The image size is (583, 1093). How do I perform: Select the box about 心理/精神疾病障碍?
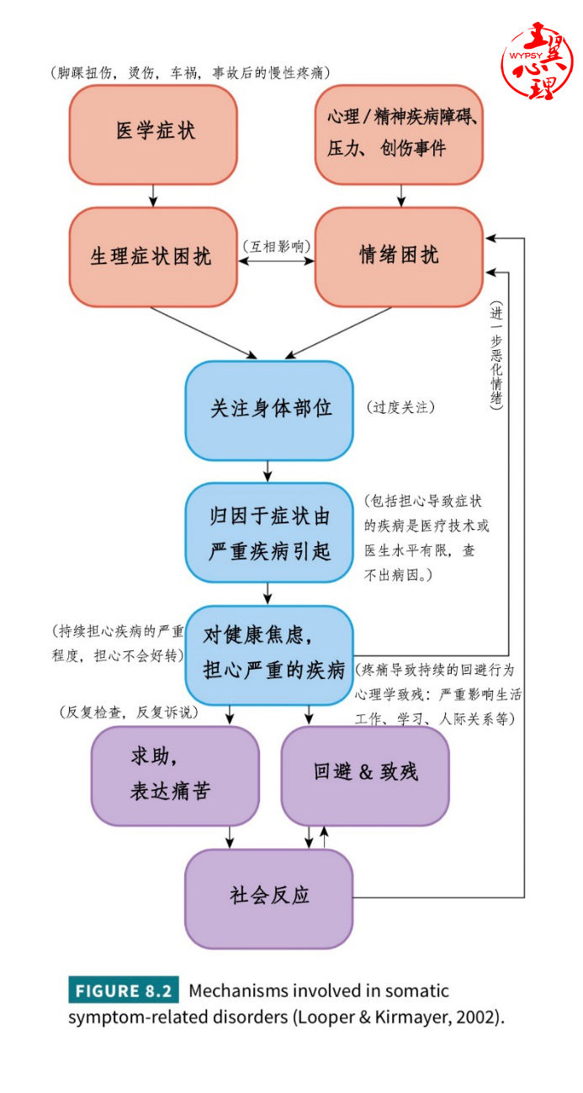[x=399, y=134]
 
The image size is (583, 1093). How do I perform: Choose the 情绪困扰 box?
[x=399, y=257]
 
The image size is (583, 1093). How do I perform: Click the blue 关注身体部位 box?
[x=269, y=410]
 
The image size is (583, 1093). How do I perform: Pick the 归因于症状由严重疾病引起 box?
[x=269, y=533]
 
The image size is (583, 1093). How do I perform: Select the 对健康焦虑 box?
[x=269, y=655]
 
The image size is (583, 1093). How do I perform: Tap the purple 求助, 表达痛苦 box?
[x=175, y=775]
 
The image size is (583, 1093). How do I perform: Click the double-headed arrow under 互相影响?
[x=276, y=262]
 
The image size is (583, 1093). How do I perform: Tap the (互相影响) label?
[x=276, y=247]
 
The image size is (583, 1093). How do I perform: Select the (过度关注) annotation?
[x=400, y=407]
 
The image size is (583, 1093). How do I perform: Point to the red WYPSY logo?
[x=538, y=61]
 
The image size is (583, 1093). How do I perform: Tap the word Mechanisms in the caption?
[x=244, y=991]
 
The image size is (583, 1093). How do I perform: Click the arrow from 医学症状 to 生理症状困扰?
[x=153, y=196]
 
